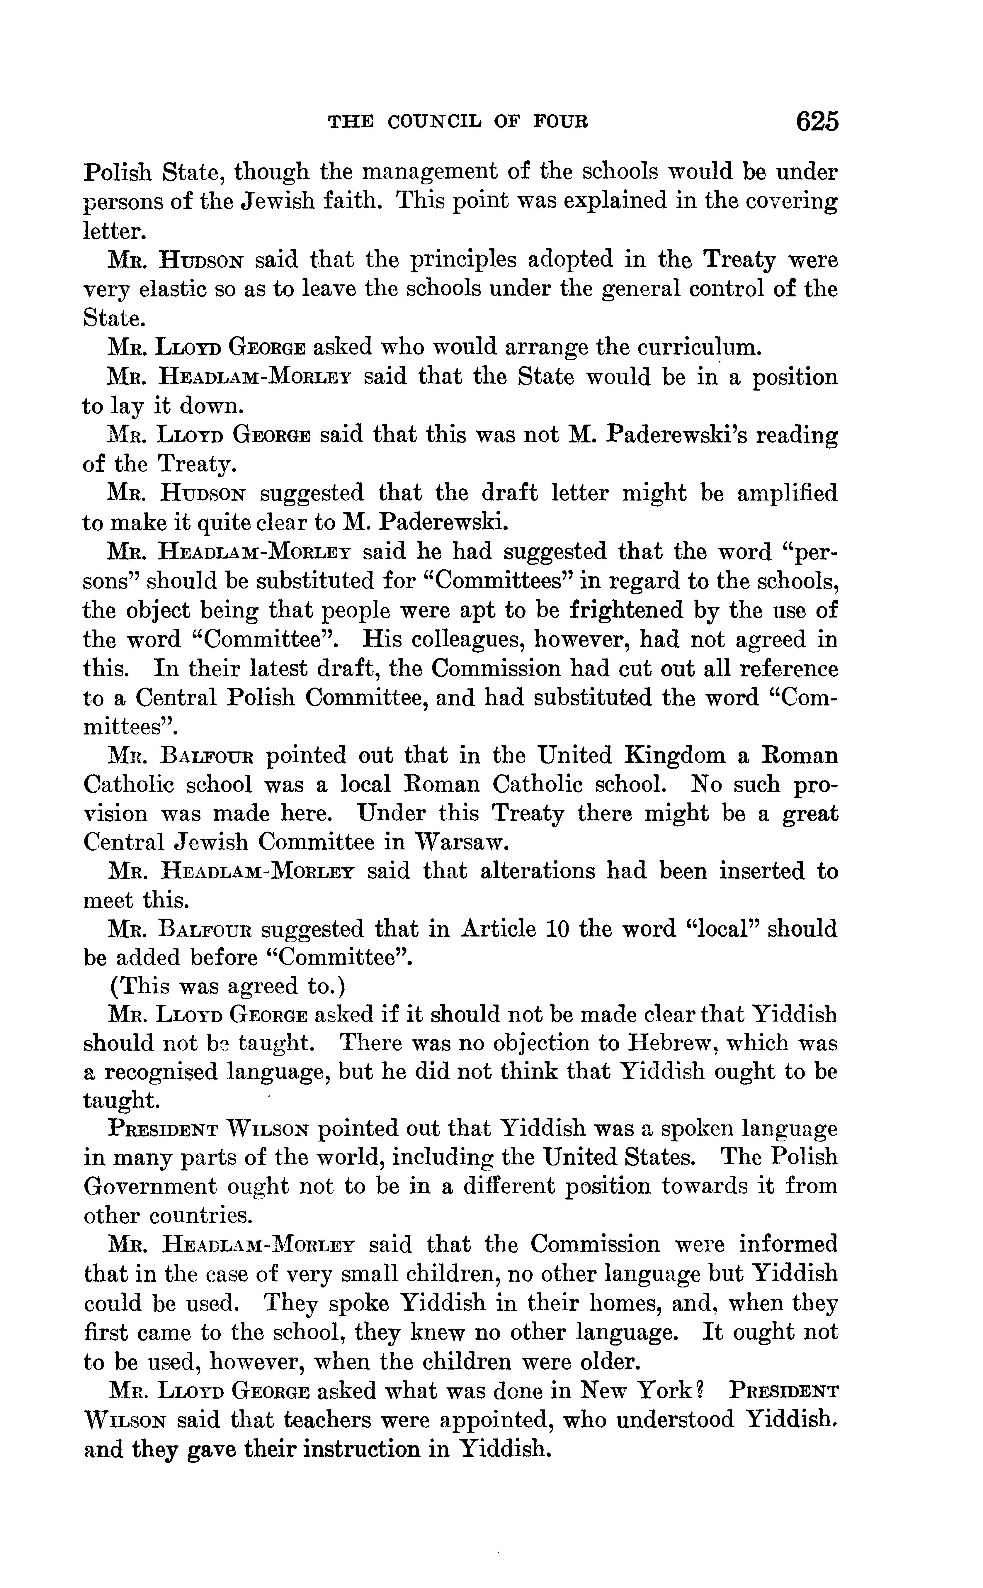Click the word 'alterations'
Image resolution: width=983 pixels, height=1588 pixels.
[x=537, y=871]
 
